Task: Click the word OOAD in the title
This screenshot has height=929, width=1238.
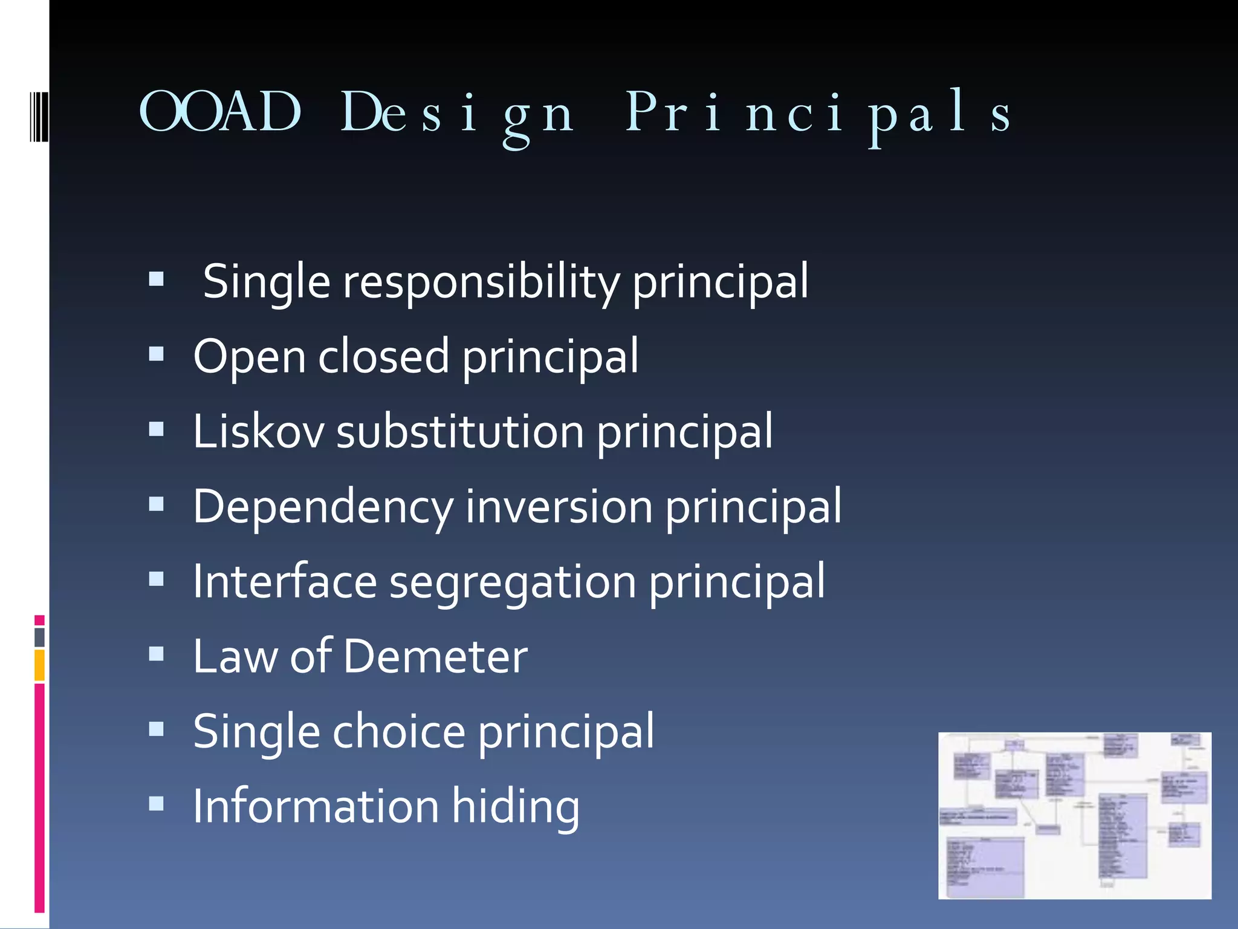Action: click(220, 112)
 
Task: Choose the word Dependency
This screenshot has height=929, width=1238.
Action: click(323, 507)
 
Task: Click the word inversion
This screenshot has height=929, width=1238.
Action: click(559, 506)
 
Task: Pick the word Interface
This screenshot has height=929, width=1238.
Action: click(285, 581)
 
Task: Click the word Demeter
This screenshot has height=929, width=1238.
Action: click(435, 656)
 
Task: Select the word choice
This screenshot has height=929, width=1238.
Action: click(399, 731)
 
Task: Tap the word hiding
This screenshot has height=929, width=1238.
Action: click(516, 807)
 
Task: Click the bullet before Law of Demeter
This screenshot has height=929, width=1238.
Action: click(157, 654)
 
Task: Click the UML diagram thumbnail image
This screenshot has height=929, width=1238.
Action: click(1074, 815)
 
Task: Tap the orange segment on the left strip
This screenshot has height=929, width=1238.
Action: click(39, 665)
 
